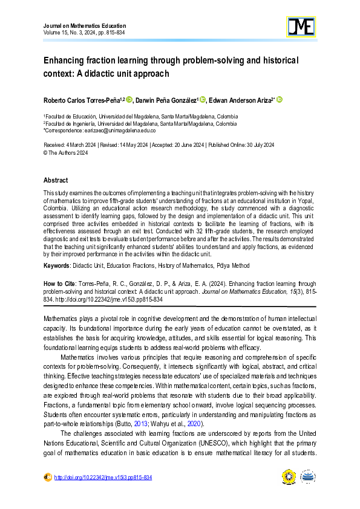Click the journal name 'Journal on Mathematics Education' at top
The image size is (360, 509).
(85, 26)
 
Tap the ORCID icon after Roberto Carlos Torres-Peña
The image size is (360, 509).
(129, 99)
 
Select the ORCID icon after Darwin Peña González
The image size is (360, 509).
(203, 99)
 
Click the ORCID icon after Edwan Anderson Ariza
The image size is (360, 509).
(280, 99)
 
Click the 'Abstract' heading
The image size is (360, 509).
(56, 180)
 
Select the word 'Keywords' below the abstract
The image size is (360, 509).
(59, 266)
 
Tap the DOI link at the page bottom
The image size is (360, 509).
(103, 478)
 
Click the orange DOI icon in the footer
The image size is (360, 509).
(48, 478)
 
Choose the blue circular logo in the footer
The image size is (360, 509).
(309, 478)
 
